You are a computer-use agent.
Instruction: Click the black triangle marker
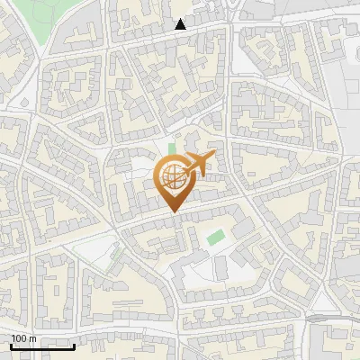(181, 24)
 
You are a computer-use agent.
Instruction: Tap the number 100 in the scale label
(19, 338)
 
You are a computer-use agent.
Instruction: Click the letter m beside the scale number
(32, 338)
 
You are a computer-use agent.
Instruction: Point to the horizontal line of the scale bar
(41, 346)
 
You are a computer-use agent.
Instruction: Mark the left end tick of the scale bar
(11, 345)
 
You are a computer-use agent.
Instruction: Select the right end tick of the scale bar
(74, 345)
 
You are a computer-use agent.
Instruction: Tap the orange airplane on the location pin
(199, 163)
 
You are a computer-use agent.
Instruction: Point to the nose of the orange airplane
(213, 157)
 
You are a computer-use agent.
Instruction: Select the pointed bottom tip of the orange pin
(173, 212)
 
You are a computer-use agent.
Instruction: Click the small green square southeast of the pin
(215, 238)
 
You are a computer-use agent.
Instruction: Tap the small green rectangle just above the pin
(172, 148)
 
